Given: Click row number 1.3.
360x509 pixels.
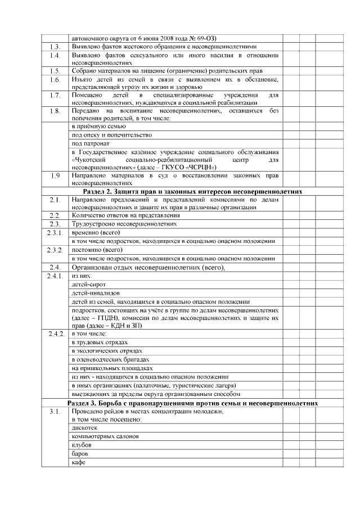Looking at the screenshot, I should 55,46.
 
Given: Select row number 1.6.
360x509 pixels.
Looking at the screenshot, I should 55,79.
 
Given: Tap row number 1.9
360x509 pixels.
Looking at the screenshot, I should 55,175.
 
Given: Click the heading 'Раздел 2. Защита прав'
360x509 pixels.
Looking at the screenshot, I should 189,191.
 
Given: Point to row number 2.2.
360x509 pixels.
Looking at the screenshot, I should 55,215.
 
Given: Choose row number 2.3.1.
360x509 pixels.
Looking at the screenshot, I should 55,232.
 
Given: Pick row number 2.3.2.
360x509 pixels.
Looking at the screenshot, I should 55,249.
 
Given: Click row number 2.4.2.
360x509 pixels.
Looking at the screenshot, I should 55,334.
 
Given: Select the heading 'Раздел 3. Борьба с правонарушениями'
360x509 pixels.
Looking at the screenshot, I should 189,403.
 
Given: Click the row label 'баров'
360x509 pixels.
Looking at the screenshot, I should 82,453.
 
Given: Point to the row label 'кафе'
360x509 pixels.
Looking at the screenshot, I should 79,462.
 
